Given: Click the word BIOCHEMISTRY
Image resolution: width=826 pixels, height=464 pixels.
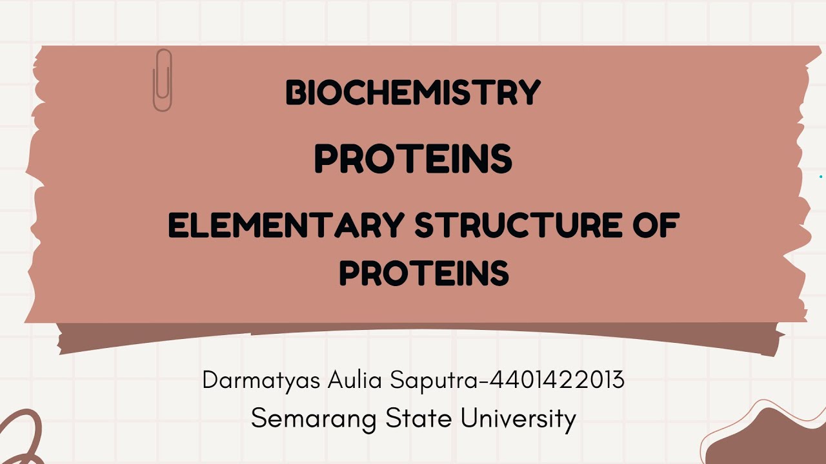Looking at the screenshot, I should (x=413, y=93).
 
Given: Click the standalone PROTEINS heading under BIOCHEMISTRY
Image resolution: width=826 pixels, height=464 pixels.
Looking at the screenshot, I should (x=413, y=159).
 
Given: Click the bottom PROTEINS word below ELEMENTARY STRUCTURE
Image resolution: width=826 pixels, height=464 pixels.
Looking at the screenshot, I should (x=424, y=273).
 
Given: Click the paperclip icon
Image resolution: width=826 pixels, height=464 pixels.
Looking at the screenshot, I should (x=162, y=80).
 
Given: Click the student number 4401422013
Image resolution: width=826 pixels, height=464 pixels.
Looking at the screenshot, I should (x=557, y=380).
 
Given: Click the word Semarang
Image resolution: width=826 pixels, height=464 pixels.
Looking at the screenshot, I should (x=314, y=419).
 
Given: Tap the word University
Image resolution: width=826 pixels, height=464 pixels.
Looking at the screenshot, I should (x=518, y=420).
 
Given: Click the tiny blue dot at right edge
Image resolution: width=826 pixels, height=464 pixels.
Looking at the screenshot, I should (x=821, y=177).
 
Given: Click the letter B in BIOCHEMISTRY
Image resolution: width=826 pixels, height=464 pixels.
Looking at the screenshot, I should (x=294, y=93).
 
